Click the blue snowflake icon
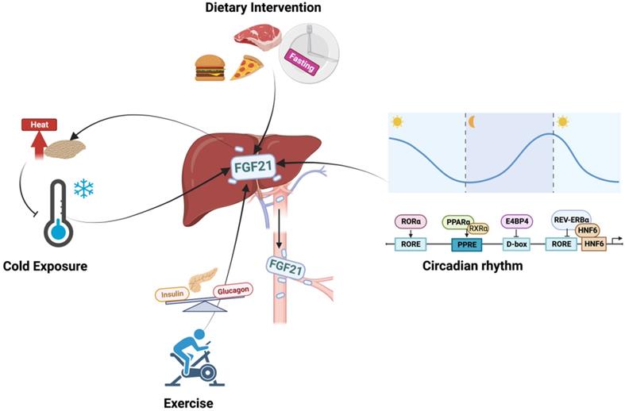click(83, 188)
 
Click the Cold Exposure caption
click(44, 266)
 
